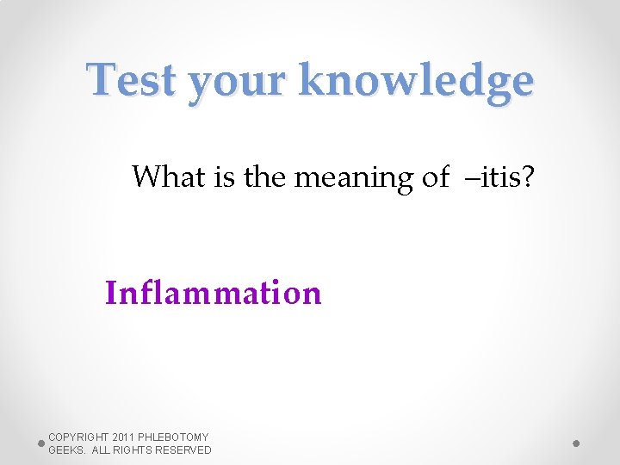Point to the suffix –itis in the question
tap(490, 177)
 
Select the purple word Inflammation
tap(213, 294)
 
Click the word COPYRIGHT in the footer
tap(78, 437)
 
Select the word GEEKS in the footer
tap(66, 450)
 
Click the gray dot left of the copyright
tap(41, 443)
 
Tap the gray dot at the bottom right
tap(577, 443)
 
